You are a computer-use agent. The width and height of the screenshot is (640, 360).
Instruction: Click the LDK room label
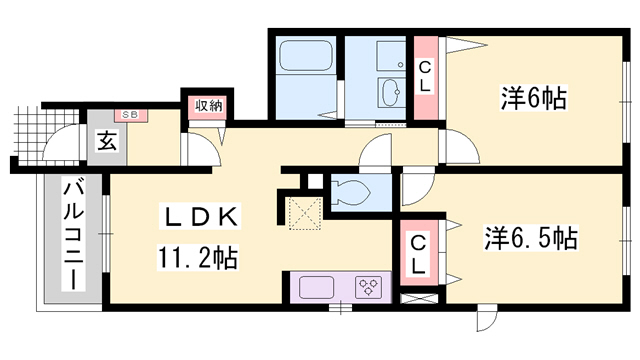200,217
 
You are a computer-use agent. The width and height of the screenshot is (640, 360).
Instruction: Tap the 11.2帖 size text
197,258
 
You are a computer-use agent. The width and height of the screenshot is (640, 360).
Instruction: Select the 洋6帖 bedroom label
534,98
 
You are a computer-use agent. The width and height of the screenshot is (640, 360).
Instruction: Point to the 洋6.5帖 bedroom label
531,238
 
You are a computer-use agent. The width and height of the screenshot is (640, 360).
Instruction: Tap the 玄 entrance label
107,141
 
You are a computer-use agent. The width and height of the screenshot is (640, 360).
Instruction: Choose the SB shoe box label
130,115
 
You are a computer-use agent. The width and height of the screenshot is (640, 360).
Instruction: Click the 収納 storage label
208,106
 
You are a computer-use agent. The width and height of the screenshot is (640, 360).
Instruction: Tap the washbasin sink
392,91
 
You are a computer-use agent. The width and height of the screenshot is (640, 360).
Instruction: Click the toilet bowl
350,191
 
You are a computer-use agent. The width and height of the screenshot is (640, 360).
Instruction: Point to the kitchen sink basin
317,287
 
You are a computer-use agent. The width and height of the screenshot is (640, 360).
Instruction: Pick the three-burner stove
369,287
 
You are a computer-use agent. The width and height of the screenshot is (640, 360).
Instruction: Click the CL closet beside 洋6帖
426,78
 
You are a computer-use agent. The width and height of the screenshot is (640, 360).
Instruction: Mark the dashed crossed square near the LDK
303,213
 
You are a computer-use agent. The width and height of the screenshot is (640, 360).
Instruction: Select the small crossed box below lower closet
419,298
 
